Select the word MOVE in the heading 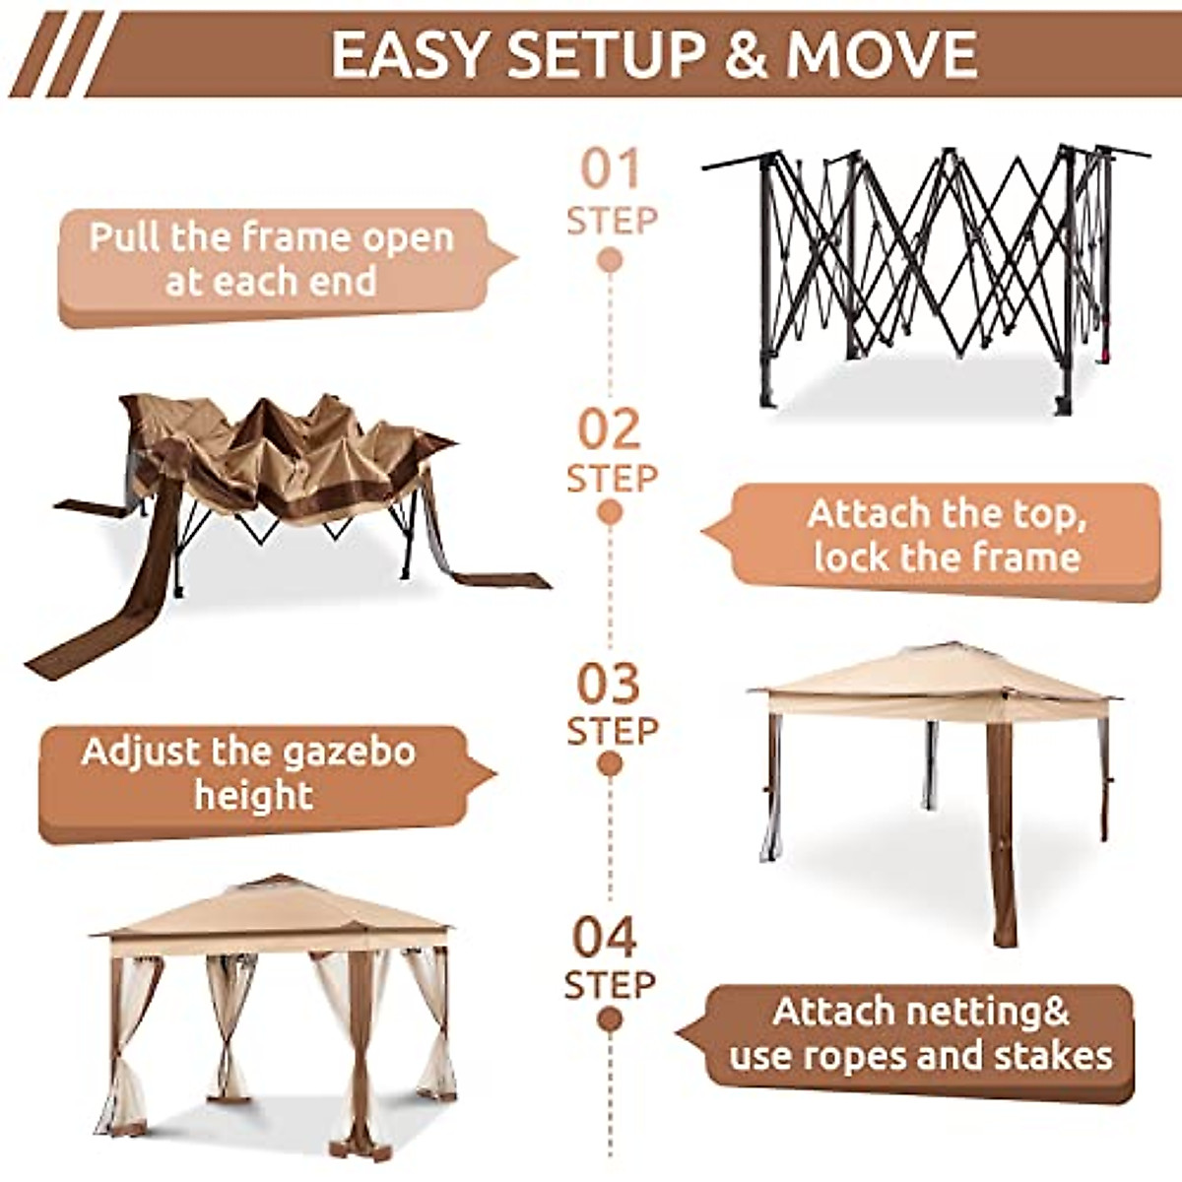pyautogui.click(x=881, y=55)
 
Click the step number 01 pyautogui.click(x=610, y=168)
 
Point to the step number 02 pyautogui.click(x=610, y=429)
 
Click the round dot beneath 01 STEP pyautogui.click(x=610, y=260)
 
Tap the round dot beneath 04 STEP pyautogui.click(x=610, y=1019)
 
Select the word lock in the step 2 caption pyautogui.click(x=852, y=558)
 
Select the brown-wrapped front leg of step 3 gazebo pyautogui.click(x=1002, y=837)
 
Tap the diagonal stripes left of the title pyautogui.click(x=54, y=54)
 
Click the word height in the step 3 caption pyautogui.click(x=253, y=796)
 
